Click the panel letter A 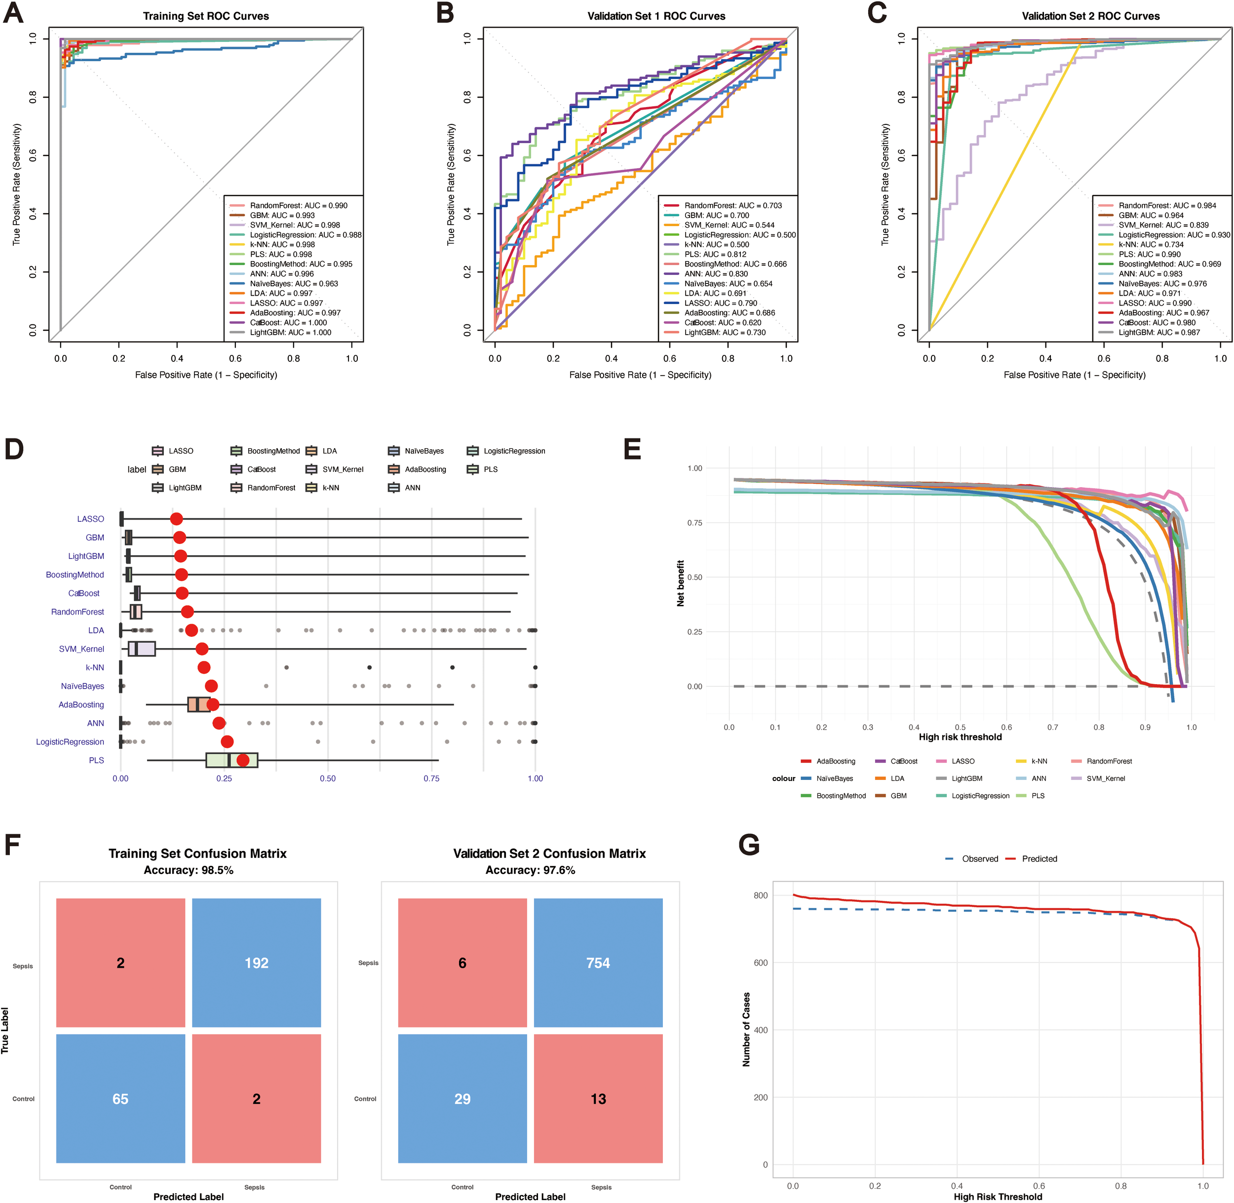(13, 13)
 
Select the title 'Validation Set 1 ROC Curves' (656, 16)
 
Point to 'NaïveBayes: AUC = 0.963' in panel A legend (293, 284)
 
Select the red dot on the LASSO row (176, 519)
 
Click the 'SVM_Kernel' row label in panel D (81, 649)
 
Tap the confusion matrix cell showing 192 (257, 963)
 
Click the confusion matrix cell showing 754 (598, 963)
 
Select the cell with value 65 (120, 1099)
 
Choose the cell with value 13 (598, 1099)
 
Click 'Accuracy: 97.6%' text (530, 870)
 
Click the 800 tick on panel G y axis (760, 895)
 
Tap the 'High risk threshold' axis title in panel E (960, 737)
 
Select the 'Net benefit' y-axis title (681, 583)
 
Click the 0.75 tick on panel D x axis (431, 778)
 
